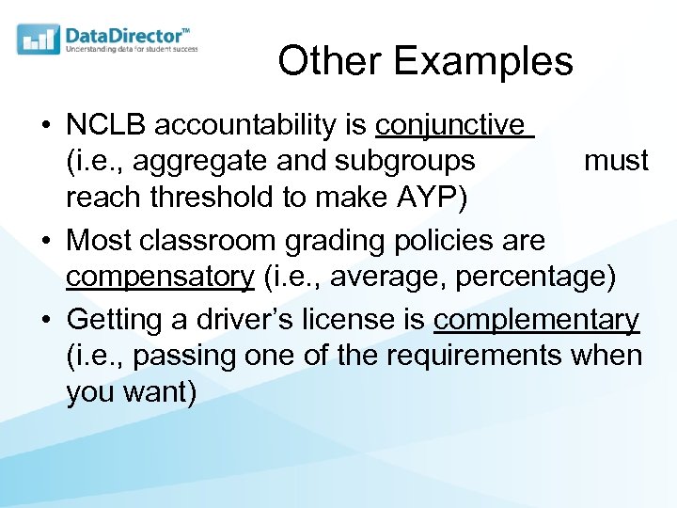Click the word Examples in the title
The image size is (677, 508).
coord(483,62)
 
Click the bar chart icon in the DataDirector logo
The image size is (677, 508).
coord(39,40)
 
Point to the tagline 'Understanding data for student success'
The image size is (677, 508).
coord(132,49)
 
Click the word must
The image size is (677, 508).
coord(616,161)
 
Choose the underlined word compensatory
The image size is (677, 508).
coord(160,278)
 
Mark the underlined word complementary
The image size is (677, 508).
coord(536,320)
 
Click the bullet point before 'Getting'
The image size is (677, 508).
coord(46,320)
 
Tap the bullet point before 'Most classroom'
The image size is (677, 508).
coord(46,240)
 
